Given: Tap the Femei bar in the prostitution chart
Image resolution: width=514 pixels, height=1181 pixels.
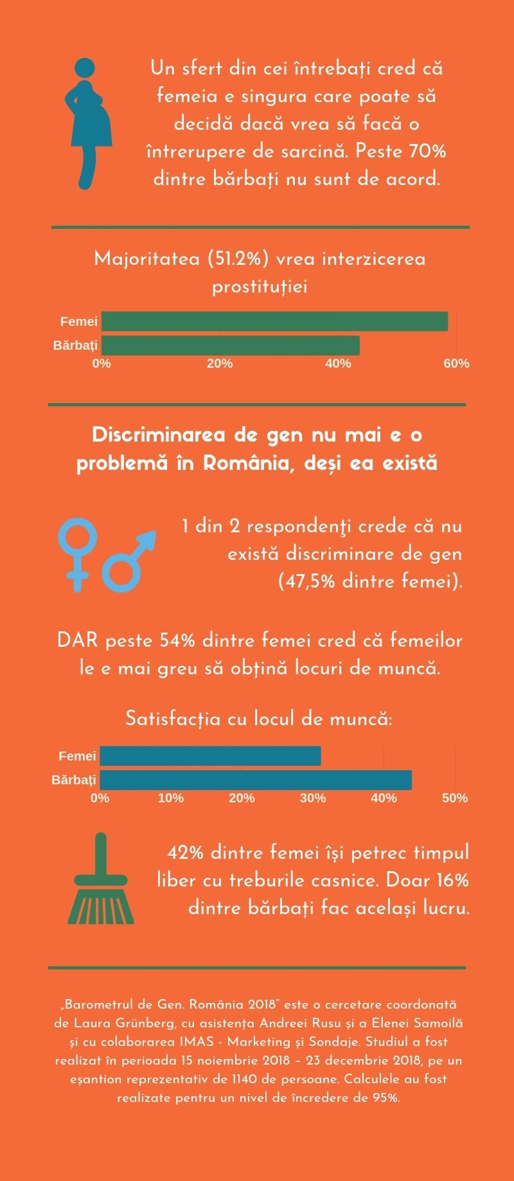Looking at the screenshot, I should pos(274,321).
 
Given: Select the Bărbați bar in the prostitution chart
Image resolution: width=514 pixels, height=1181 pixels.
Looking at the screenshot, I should pos(230,345).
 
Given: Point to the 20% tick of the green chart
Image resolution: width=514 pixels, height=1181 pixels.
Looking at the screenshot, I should pos(220,363).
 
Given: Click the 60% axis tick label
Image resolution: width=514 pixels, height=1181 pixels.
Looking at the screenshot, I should pos(456,363).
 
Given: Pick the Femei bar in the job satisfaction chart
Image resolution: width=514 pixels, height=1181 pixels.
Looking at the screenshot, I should pos(210,756).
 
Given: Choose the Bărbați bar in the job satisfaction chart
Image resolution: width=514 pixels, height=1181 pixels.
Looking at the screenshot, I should pos(256,780).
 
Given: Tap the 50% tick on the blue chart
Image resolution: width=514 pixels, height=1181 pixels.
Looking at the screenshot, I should pos(455,798).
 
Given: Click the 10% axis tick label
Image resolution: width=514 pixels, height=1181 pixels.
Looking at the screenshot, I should pos(171,798).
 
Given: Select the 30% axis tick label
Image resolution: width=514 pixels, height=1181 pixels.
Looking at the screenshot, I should pos(313,798).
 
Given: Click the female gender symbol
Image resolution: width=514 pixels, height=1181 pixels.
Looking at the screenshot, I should pos(78,553).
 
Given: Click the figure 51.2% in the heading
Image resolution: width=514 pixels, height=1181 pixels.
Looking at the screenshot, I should pos(238,258).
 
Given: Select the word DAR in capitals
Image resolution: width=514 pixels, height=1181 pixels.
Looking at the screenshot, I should pos(77,640).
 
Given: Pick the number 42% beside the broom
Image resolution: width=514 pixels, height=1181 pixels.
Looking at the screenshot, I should pos(185,852).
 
